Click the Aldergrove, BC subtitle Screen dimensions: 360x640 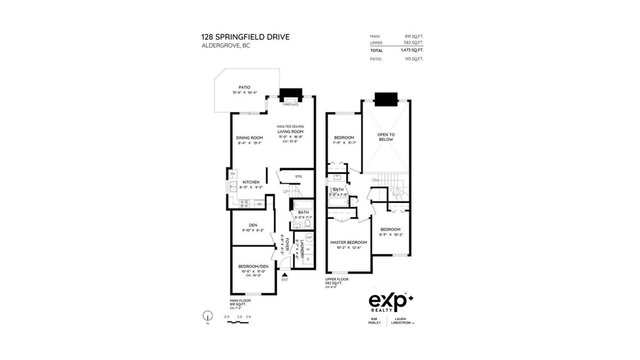[x=223, y=46]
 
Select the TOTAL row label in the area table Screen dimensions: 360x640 [x=378, y=50]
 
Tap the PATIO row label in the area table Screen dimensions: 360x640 [x=377, y=58]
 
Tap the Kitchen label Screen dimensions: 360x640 [x=250, y=181]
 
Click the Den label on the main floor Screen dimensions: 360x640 [x=248, y=225]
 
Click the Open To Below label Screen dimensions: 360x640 [x=386, y=137]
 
